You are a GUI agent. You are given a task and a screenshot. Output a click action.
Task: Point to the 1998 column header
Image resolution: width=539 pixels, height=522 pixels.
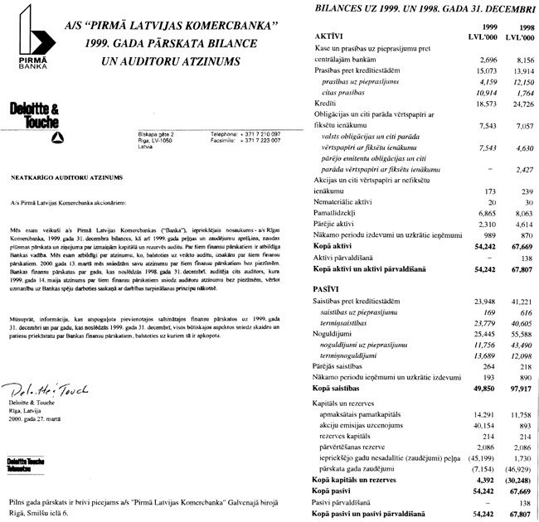(x=523, y=28)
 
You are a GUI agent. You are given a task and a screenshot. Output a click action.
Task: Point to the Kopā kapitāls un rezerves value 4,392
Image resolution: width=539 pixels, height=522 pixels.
(x=486, y=480)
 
